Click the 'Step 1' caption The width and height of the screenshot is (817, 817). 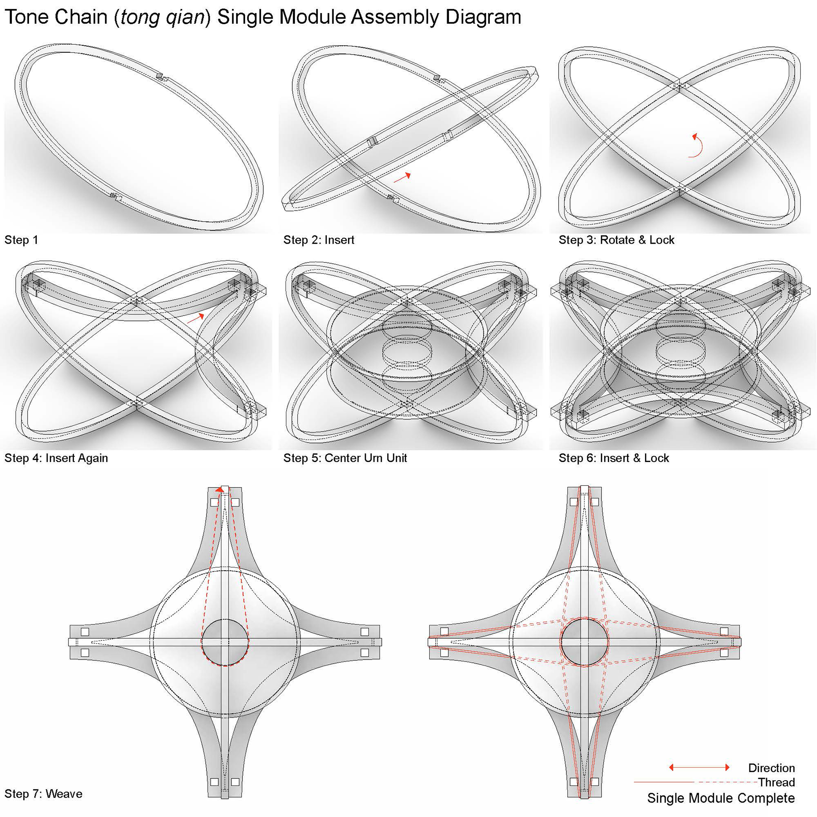(x=21, y=240)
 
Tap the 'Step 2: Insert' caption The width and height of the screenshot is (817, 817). (x=319, y=240)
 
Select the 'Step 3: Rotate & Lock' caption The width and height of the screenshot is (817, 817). (x=616, y=240)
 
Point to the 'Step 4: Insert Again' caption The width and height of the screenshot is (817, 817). (x=56, y=458)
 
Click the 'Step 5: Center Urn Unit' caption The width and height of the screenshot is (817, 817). (x=345, y=458)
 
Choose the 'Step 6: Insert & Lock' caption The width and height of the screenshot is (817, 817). (x=614, y=458)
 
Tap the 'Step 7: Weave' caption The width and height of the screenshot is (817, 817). (x=44, y=794)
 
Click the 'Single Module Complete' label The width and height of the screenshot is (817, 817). (x=721, y=798)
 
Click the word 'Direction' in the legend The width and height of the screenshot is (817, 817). (x=771, y=768)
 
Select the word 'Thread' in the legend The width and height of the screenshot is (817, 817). (x=776, y=783)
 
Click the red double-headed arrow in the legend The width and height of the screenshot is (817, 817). (x=699, y=768)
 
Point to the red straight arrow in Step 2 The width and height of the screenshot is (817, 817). (x=402, y=177)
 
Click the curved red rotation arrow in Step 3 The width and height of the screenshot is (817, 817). (x=697, y=145)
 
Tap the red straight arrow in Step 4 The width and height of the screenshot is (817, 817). (x=196, y=319)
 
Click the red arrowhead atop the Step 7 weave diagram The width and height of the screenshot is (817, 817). (x=220, y=489)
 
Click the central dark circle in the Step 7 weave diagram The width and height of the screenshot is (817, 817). (x=225, y=642)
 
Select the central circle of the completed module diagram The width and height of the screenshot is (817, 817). (x=584, y=642)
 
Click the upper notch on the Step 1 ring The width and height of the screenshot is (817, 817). (x=160, y=76)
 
